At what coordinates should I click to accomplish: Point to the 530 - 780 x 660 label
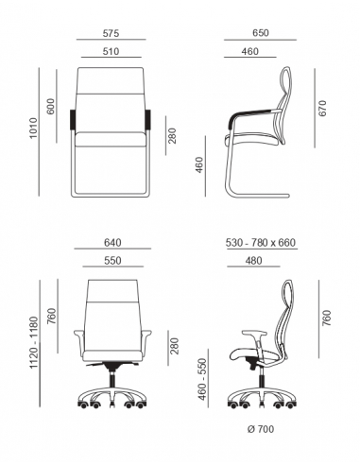pos(261,241)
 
